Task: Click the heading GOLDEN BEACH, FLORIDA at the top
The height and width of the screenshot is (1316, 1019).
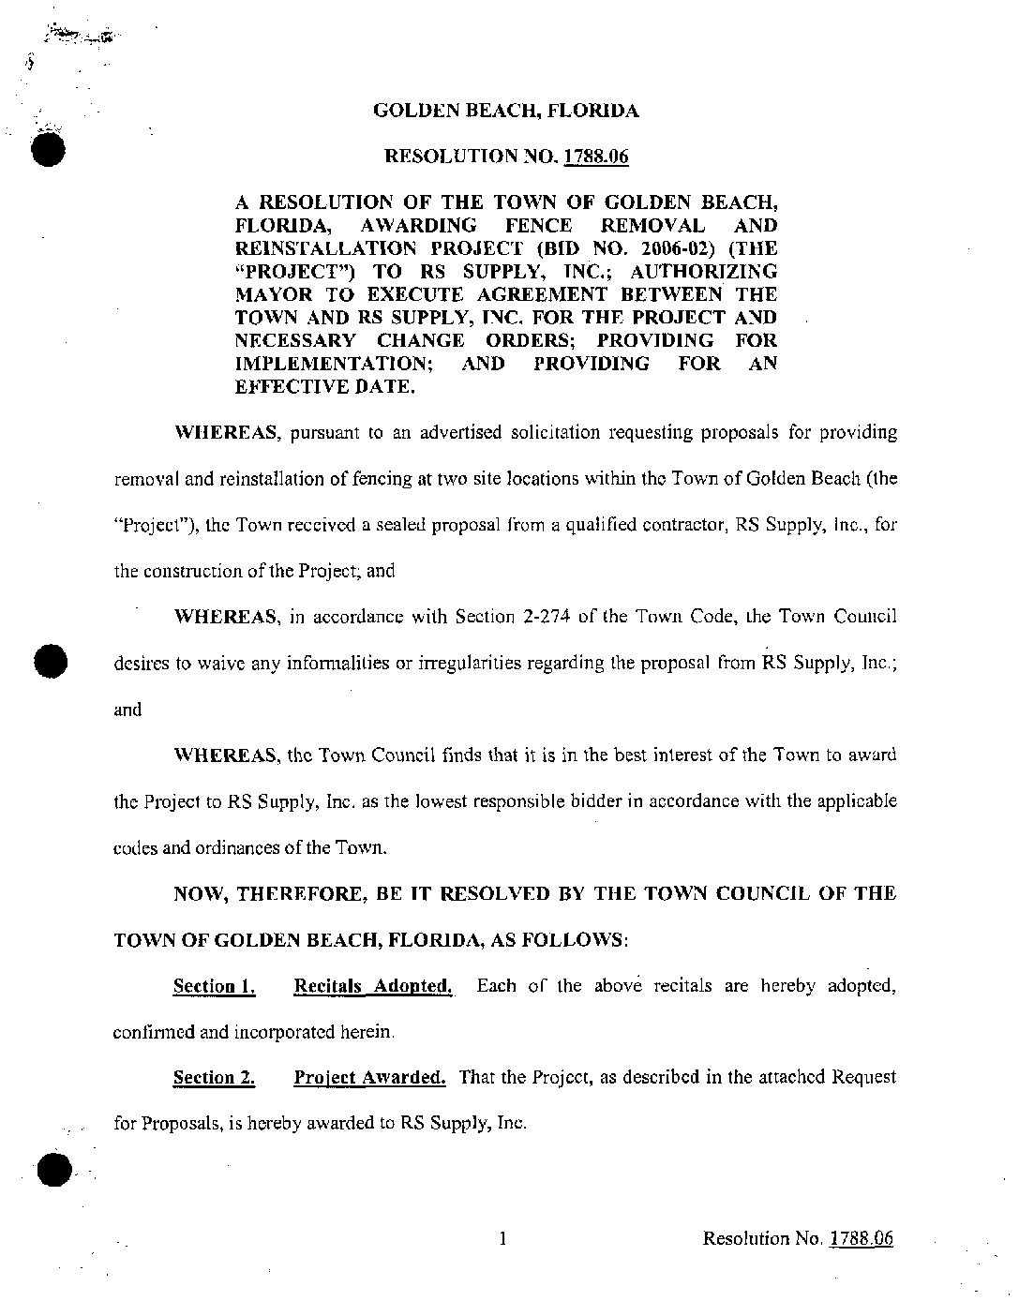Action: (x=506, y=111)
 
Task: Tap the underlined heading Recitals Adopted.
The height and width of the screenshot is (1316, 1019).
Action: (x=373, y=986)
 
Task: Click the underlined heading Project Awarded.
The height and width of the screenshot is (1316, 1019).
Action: (x=369, y=1078)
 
